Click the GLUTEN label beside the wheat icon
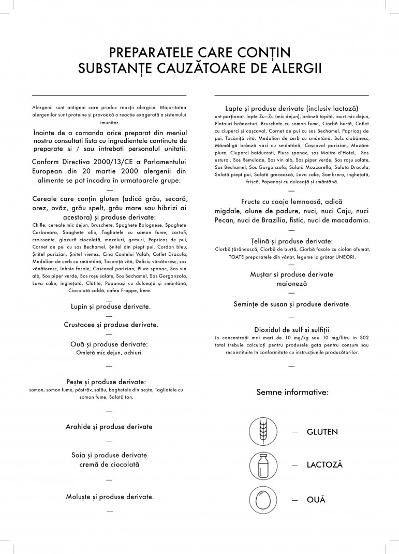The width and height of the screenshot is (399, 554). pyautogui.click(x=322, y=431)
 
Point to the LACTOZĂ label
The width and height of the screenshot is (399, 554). pyautogui.click(x=324, y=465)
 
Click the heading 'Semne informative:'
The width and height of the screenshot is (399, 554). pyautogui.click(x=292, y=392)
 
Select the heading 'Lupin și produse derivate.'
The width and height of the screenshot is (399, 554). pyautogui.click(x=111, y=307)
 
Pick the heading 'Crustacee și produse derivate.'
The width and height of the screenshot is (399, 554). pyautogui.click(x=111, y=325)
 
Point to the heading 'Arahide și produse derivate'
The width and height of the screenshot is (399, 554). pyautogui.click(x=109, y=427)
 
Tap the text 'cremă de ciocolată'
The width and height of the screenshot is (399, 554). pyautogui.click(x=109, y=464)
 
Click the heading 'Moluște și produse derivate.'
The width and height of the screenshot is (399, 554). pyautogui.click(x=109, y=497)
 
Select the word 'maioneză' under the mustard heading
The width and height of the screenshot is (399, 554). pyautogui.click(x=292, y=284)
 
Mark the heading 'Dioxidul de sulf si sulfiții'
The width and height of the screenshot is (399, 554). pyautogui.click(x=292, y=329)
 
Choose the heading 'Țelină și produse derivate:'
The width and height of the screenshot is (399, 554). pyautogui.click(x=292, y=241)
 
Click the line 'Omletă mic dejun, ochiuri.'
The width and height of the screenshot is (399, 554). pyautogui.click(x=109, y=353)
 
